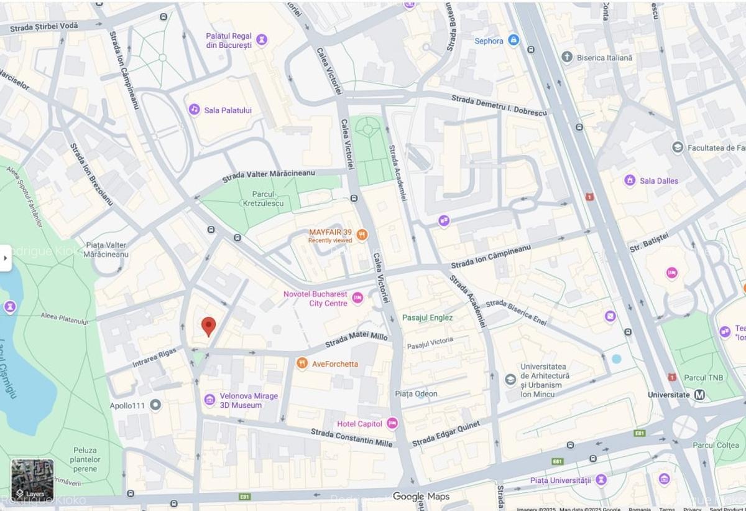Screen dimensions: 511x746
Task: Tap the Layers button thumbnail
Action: (32, 481)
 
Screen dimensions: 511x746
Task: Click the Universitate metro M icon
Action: (699, 395)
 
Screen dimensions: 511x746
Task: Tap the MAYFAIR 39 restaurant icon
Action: (362, 235)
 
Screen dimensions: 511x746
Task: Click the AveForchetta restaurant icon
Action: (302, 363)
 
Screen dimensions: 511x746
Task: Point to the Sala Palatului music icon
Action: (195, 110)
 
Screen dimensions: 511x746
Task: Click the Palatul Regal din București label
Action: (229, 40)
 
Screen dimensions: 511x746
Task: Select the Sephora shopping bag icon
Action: (513, 40)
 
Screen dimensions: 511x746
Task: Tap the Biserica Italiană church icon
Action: (567, 57)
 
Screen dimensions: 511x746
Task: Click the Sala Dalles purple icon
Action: (630, 180)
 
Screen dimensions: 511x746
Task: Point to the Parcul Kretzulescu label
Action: (263, 199)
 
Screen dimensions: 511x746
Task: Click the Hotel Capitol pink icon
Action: (392, 424)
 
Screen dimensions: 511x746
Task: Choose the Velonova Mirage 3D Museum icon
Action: (210, 400)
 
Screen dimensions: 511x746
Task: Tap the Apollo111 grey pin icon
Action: (155, 405)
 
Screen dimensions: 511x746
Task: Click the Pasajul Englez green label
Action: (427, 317)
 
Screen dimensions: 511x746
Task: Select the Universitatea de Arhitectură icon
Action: (510, 379)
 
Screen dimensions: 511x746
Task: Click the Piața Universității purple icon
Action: (601, 480)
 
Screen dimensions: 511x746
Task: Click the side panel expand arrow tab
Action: (6, 258)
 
